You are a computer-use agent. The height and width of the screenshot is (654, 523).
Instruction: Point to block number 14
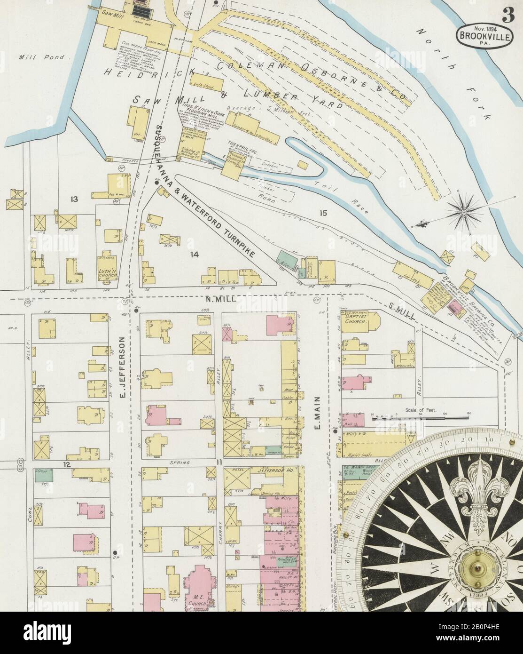pyautogui.click(x=194, y=255)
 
